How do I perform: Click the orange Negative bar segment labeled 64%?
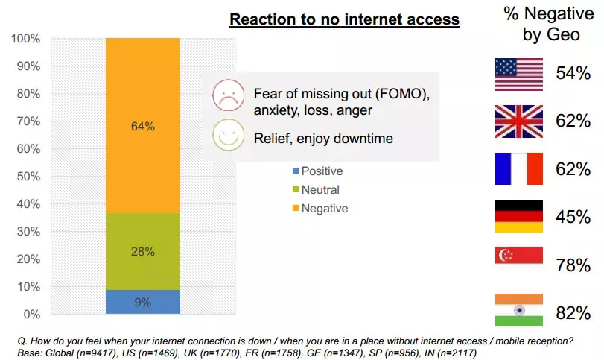(143, 126)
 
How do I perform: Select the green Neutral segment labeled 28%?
(143, 251)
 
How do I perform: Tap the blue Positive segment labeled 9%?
(143, 302)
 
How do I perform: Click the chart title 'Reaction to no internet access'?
(344, 19)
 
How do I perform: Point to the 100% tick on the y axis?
(26, 39)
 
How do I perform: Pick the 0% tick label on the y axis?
(32, 314)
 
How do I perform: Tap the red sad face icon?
(227, 95)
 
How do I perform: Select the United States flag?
(518, 74)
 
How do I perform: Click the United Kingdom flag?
(518, 121)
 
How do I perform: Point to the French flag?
(518, 168)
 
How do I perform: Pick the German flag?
(518, 216)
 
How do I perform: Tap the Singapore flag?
(518, 264)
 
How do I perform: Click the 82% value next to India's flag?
(573, 312)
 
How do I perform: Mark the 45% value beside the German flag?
(573, 217)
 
